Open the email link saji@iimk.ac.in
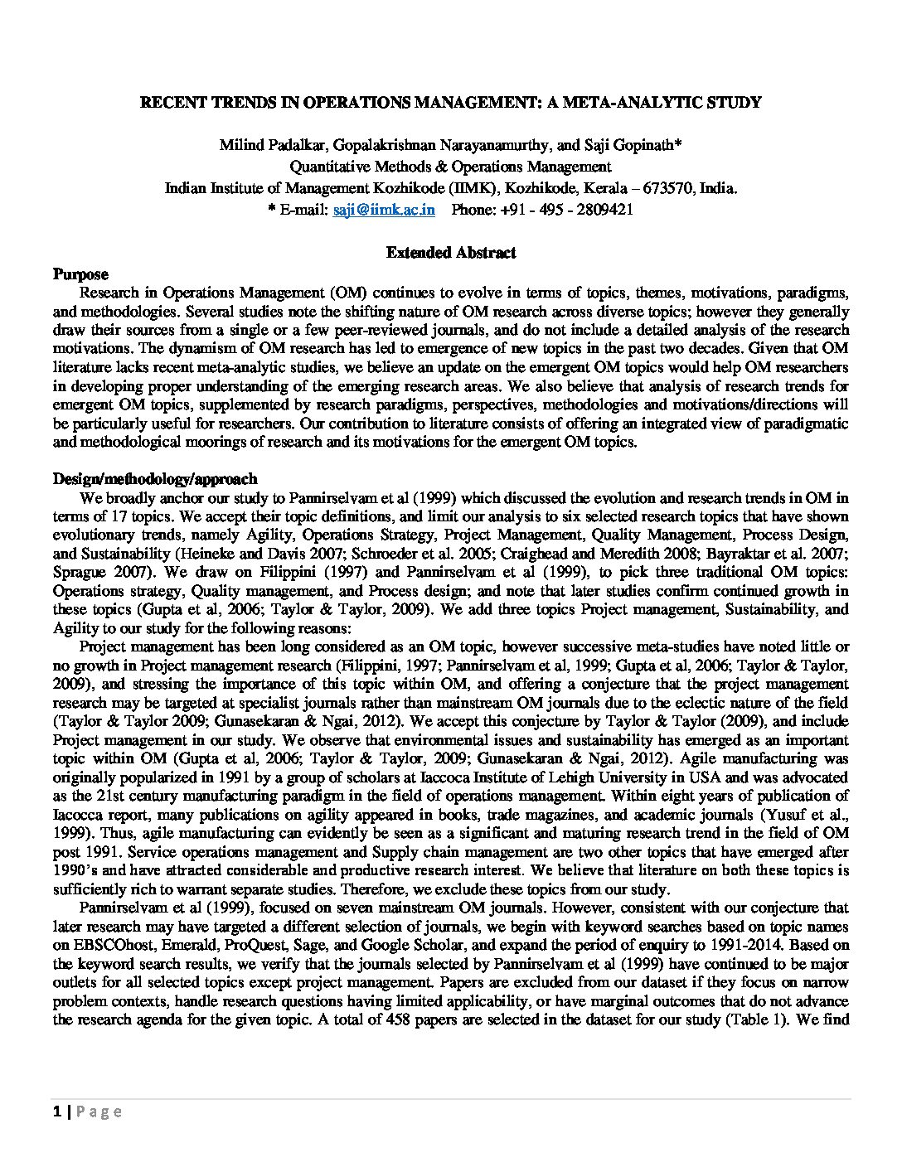pyautogui.click(x=384, y=209)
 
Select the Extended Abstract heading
pyautogui.click(x=451, y=253)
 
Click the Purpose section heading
pyautogui.click(x=80, y=274)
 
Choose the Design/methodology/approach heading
pyautogui.click(x=155, y=479)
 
